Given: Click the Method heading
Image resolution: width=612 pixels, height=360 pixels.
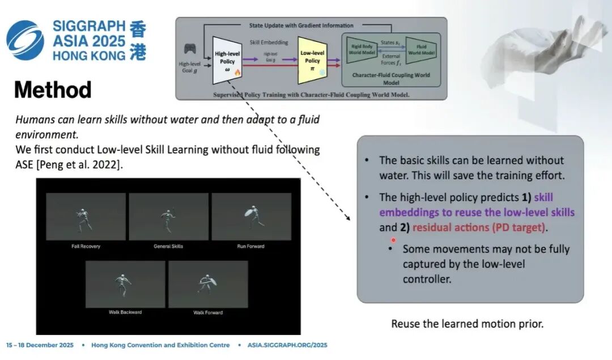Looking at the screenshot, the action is (x=53, y=90).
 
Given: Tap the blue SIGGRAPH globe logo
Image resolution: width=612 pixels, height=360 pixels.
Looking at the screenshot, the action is (x=25, y=40).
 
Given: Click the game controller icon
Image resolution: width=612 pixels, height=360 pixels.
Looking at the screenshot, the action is (x=190, y=50).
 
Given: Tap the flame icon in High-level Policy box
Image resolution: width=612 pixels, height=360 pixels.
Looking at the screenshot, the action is (x=237, y=72).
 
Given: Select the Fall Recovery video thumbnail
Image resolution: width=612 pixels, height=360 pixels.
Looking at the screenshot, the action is (x=86, y=217).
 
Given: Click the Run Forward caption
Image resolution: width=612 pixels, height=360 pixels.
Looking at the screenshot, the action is (x=250, y=247).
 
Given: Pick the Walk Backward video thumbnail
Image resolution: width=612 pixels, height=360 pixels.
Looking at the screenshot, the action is (x=125, y=284).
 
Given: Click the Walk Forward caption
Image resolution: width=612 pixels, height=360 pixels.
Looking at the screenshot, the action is (x=208, y=312).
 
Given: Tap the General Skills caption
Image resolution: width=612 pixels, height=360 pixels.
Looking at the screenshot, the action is (x=168, y=247).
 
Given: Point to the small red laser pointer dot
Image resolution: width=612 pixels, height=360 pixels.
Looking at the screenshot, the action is (x=393, y=240).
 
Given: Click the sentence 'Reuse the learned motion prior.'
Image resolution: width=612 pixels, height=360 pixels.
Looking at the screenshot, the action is (x=467, y=324).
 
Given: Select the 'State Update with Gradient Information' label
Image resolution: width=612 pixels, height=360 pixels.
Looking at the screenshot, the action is (x=301, y=26).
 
